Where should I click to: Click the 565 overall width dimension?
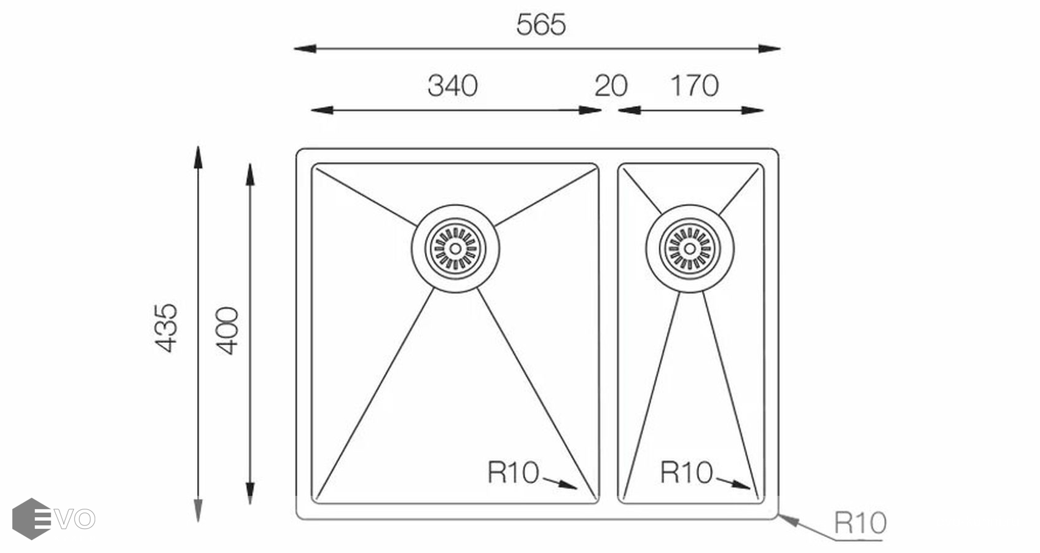click(541, 25)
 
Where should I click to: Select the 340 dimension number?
click(453, 86)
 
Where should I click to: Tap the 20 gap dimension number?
click(611, 86)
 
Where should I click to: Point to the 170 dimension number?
click(695, 86)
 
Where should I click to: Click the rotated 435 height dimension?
click(166, 328)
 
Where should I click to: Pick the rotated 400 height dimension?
click(227, 331)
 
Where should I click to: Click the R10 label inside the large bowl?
click(513, 473)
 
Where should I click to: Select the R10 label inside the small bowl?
click(686, 473)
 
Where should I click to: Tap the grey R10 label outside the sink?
click(861, 523)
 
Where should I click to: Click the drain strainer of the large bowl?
click(455, 249)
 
